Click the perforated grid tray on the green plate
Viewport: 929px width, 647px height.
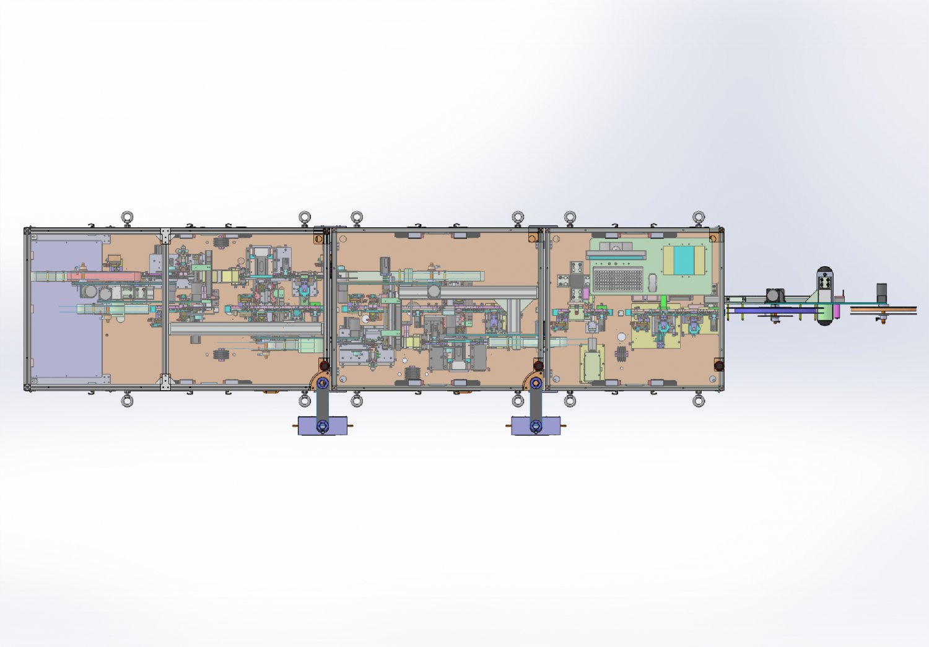point(617,279)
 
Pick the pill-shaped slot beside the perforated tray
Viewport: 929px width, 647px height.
point(652,282)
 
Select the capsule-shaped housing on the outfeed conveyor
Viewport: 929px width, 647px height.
point(825,297)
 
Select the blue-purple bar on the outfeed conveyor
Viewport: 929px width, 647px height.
point(774,310)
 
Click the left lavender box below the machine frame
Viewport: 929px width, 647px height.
point(322,426)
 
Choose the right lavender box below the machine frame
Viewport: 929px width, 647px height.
point(536,426)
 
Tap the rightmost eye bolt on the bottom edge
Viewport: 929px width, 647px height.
point(699,401)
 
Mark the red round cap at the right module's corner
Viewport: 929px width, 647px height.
point(718,366)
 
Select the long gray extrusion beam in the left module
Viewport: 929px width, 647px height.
point(245,329)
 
